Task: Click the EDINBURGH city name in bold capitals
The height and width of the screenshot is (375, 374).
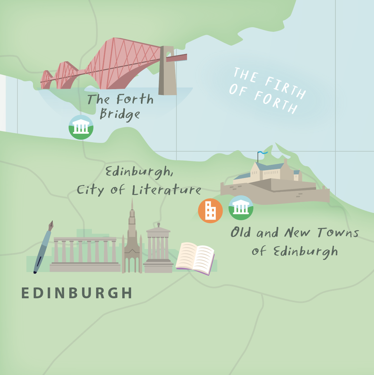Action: tap(77, 293)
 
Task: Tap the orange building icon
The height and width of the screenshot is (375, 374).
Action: tap(210, 211)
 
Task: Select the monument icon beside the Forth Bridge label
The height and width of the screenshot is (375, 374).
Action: tap(81, 127)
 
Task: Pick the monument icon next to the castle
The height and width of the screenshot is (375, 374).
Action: tap(241, 208)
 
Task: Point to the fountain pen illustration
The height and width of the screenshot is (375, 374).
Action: tap(43, 247)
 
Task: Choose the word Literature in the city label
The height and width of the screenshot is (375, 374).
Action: tap(166, 190)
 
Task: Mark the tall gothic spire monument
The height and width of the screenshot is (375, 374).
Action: tap(132, 240)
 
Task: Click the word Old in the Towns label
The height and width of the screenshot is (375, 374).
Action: tap(240, 233)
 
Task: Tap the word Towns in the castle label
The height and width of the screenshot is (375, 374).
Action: tap(338, 233)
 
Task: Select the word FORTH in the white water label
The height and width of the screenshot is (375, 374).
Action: tap(276, 102)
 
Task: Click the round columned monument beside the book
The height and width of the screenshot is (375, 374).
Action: tap(158, 249)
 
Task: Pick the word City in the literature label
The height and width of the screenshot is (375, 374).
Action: tap(90, 190)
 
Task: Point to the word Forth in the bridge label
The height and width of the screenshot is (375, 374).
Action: tap(135, 100)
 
